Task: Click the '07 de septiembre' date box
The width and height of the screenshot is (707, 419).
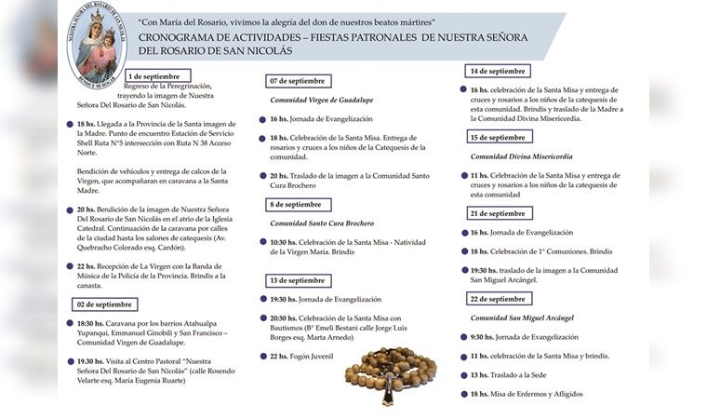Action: [x=298, y=81]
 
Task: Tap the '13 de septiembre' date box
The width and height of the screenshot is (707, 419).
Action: [x=297, y=280]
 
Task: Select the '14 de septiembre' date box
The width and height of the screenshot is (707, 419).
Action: [x=498, y=71]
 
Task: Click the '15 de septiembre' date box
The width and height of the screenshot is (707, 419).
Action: [x=498, y=137]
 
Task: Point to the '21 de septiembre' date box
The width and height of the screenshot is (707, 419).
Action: [x=498, y=213]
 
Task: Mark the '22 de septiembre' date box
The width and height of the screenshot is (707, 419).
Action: [x=498, y=299]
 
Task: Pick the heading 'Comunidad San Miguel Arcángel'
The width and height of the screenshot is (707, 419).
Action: [x=522, y=318]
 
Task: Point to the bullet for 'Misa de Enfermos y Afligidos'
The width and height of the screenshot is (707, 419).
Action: [x=462, y=394]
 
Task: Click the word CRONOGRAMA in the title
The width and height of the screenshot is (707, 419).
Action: [x=180, y=36]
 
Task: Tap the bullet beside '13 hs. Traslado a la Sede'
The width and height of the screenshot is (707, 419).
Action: [x=462, y=374]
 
